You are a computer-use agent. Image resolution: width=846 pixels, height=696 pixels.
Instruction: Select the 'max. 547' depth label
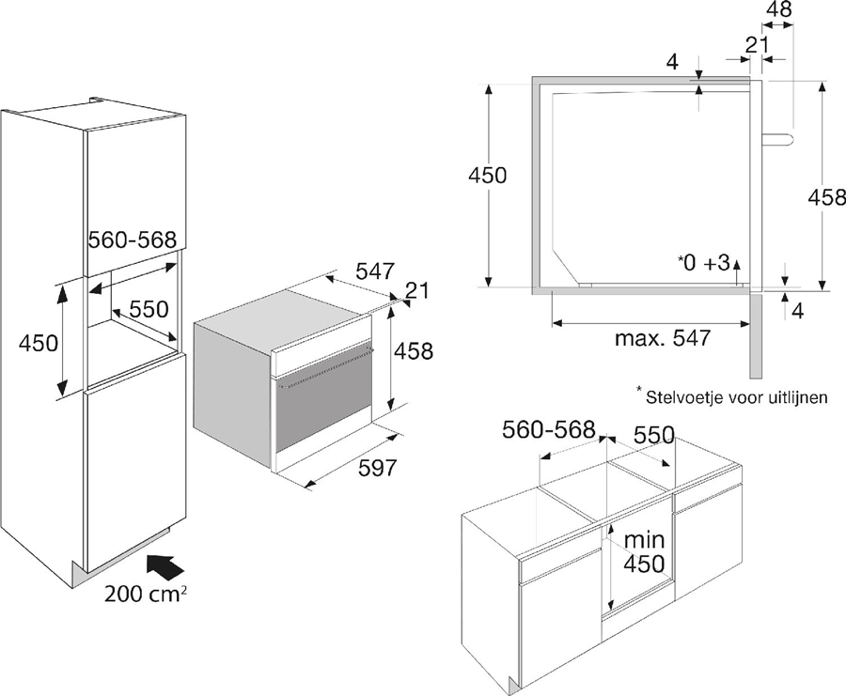click(x=663, y=337)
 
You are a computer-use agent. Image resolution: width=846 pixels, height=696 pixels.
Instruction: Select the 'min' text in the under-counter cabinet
click(x=645, y=540)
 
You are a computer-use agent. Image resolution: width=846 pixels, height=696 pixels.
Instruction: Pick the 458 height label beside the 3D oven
click(x=415, y=351)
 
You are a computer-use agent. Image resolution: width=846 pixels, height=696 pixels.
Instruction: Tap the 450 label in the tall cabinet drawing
click(x=39, y=343)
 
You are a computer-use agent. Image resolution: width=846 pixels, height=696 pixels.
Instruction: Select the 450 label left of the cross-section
click(x=488, y=176)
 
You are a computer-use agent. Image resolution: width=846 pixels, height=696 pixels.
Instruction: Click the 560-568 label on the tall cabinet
click(x=132, y=240)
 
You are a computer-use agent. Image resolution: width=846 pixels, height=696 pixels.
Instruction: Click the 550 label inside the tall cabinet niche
click(x=149, y=309)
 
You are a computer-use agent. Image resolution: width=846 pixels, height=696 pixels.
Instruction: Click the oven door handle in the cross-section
click(x=775, y=139)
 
